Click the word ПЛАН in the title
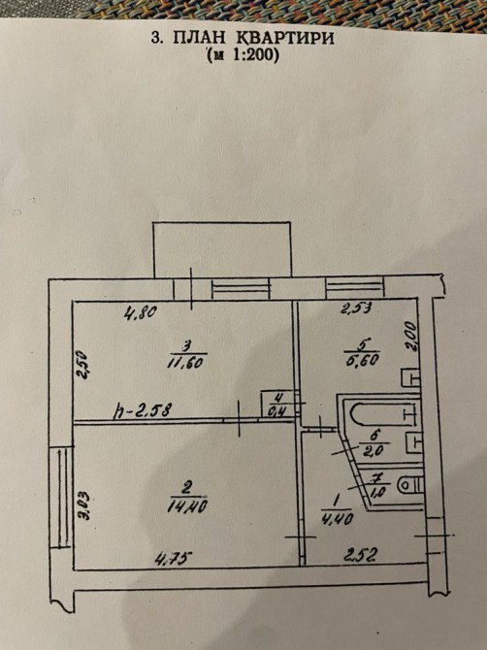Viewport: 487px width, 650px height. (x=199, y=38)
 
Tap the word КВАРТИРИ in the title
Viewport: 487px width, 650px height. (x=285, y=38)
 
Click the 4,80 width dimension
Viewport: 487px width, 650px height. (x=141, y=310)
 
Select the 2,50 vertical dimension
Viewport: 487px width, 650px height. (x=82, y=365)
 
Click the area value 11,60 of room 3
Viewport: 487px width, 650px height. (x=185, y=363)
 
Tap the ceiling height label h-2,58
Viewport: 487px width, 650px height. (x=143, y=411)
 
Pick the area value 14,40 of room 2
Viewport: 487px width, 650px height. (x=187, y=505)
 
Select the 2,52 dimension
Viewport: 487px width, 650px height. (x=361, y=554)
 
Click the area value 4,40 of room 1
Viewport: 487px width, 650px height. (x=337, y=518)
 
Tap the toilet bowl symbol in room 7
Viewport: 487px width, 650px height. (x=410, y=485)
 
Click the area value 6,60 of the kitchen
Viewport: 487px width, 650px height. (x=362, y=359)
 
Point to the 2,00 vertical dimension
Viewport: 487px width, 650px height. (x=410, y=337)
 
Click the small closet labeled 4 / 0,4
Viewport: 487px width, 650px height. (x=277, y=405)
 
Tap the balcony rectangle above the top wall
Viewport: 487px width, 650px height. (x=222, y=249)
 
